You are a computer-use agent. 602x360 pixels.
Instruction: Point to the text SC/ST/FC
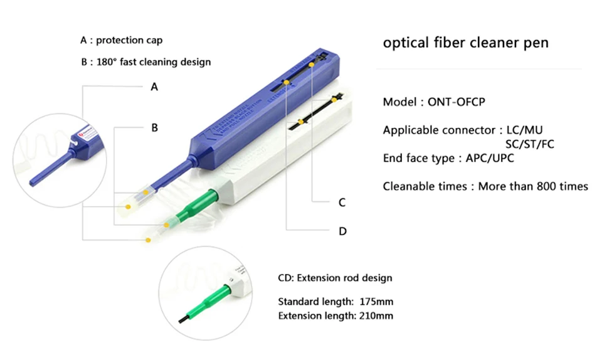point(529,144)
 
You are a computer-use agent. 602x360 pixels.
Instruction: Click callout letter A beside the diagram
point(154,87)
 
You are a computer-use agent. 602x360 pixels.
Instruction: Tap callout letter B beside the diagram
point(154,127)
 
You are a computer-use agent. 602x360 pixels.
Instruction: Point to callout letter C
point(342,203)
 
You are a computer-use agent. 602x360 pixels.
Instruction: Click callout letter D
point(342,231)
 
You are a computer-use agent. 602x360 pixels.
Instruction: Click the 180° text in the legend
point(106,62)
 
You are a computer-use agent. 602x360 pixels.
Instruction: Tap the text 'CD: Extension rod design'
point(335,278)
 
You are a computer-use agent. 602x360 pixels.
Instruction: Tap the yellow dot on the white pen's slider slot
point(302,120)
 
